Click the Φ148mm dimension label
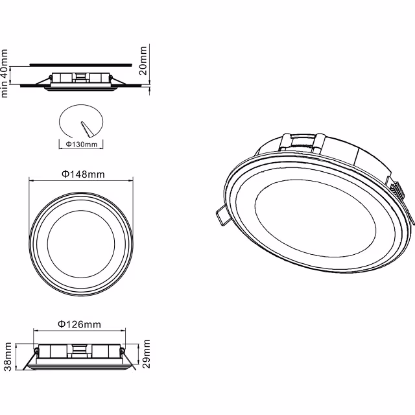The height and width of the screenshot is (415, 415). (83, 174)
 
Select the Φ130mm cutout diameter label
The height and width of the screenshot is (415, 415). (81, 143)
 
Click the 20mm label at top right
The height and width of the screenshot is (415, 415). (144, 60)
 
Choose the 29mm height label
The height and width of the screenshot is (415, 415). (146, 353)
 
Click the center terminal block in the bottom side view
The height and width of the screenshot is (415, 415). (80, 352)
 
